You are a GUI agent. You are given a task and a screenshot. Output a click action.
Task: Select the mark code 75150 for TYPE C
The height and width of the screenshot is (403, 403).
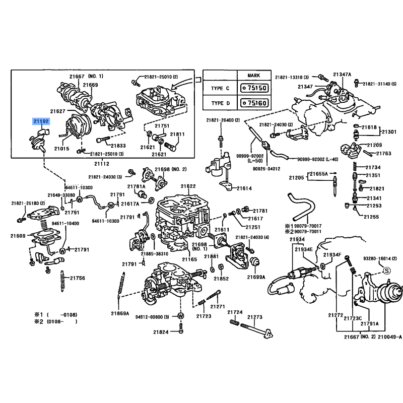pos(255,88)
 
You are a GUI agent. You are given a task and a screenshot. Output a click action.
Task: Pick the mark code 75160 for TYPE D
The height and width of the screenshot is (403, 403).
pos(255,103)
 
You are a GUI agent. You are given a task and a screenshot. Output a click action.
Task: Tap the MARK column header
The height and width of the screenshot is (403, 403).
pos(254,75)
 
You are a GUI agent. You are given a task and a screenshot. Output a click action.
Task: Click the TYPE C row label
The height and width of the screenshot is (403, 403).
pos(220,88)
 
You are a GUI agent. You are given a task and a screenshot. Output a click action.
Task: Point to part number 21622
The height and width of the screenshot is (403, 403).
pos(188,186)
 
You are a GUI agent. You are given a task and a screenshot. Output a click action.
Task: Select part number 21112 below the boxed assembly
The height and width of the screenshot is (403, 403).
pos(102,164)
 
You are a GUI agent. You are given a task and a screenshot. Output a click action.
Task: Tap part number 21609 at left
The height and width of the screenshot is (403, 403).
pos(18,236)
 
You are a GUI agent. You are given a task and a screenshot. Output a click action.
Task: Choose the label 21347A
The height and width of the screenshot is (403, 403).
pos(342,74)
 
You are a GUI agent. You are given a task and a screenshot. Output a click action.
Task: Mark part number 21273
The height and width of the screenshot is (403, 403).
pos(255,317)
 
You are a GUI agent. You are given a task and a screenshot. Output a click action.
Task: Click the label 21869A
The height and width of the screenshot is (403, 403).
pos(120,313)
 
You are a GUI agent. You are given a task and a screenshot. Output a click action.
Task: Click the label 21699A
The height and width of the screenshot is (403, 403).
pos(256,277)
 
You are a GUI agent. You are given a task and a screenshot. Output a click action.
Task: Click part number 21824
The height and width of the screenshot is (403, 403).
pos(161,332)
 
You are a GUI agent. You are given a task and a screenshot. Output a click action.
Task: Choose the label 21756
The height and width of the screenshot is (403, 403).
pos(77,278)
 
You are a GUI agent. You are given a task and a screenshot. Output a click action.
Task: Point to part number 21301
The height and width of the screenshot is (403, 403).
pos(388,132)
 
